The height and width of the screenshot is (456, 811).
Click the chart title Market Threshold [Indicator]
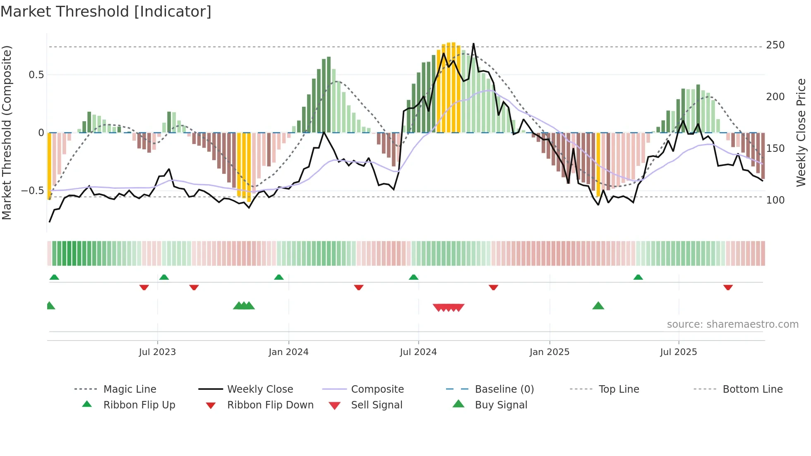click(x=106, y=12)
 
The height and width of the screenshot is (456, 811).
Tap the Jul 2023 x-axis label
click(x=157, y=352)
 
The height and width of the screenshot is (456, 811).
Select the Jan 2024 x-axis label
click(x=288, y=352)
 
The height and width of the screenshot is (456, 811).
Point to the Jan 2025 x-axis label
click(x=549, y=352)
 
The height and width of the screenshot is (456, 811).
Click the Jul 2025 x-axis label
click(x=679, y=352)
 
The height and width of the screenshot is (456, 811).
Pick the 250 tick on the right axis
click(x=775, y=45)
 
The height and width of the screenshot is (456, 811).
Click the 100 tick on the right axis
click(x=775, y=200)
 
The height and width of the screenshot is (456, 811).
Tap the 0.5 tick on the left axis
click(x=36, y=75)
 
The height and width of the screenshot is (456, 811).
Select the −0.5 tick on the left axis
click(x=33, y=191)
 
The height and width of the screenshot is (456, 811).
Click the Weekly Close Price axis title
click(x=801, y=132)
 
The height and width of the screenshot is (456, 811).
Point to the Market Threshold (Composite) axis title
click(x=7, y=132)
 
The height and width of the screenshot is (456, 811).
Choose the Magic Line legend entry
click(x=130, y=389)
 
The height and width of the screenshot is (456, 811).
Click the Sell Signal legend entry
click(x=377, y=405)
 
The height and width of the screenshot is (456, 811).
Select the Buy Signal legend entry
click(x=501, y=405)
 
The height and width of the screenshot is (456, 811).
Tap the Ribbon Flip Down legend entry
click(x=270, y=405)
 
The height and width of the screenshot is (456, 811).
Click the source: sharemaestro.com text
click(x=732, y=324)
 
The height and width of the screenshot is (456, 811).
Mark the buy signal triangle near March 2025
click(x=598, y=306)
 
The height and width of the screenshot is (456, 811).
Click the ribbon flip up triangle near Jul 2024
click(x=414, y=277)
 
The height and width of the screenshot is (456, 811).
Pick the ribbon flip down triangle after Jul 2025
click(x=728, y=287)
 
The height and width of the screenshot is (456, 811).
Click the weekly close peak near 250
click(x=473, y=44)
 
